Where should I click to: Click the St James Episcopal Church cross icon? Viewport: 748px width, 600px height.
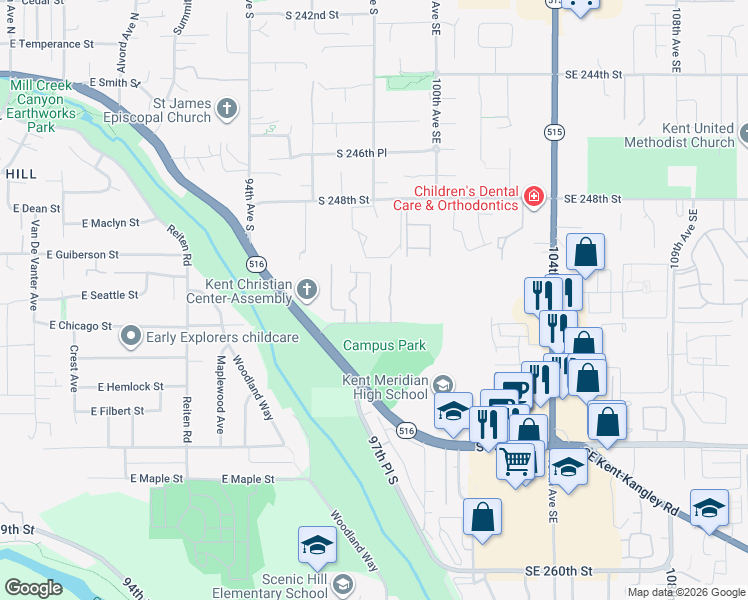pyautogui.click(x=228, y=109)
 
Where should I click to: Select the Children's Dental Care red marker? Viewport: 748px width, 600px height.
pyautogui.click(x=534, y=196)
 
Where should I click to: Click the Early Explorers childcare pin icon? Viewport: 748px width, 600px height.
pyautogui.click(x=130, y=337)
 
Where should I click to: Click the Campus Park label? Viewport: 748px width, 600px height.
pyautogui.click(x=385, y=346)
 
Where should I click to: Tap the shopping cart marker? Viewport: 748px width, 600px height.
pyautogui.click(x=516, y=462)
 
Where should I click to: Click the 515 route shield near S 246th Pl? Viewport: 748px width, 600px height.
pyautogui.click(x=554, y=132)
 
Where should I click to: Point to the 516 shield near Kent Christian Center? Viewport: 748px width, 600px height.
pyautogui.click(x=257, y=262)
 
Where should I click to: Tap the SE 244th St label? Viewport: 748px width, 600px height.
pyautogui.click(x=593, y=75)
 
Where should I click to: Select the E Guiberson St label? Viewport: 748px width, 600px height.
pyautogui.click(x=82, y=255)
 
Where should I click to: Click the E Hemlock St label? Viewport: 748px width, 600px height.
pyautogui.click(x=130, y=386)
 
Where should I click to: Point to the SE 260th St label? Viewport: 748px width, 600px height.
pyautogui.click(x=559, y=571)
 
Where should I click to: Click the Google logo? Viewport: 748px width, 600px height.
pyautogui.click(x=33, y=588)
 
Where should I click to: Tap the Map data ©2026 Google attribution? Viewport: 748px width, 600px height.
pyautogui.click(x=685, y=592)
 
